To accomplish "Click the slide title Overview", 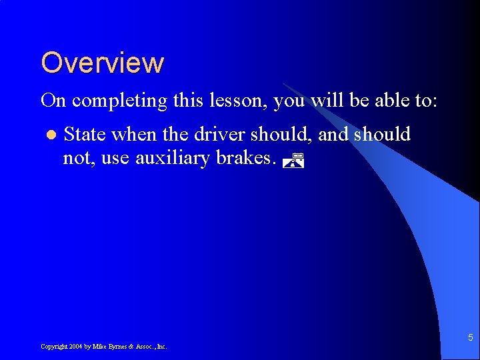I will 102,63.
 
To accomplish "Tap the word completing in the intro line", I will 119,101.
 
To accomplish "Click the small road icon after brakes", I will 293,160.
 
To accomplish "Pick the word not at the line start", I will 75,159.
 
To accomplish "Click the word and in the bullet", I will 333,135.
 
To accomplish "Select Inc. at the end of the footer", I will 161,347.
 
